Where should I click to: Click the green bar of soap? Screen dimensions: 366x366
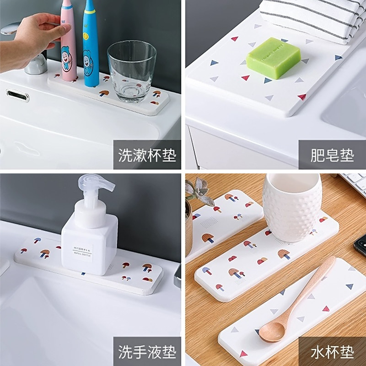(274, 57)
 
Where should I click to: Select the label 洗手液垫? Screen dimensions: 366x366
(147, 352)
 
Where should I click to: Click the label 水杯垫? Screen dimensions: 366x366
(332, 352)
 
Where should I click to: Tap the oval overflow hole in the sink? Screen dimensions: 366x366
(18, 95)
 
